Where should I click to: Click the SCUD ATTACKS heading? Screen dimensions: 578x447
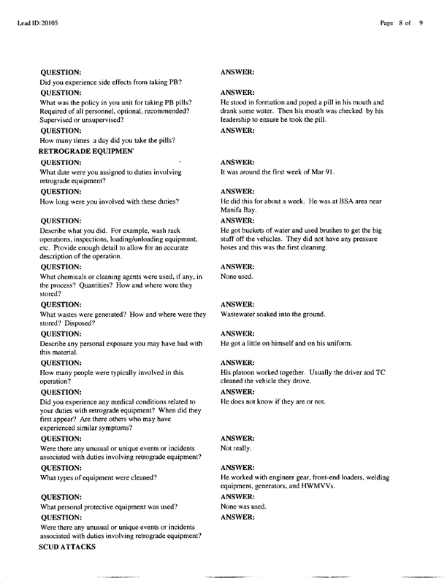(x=68, y=546)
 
